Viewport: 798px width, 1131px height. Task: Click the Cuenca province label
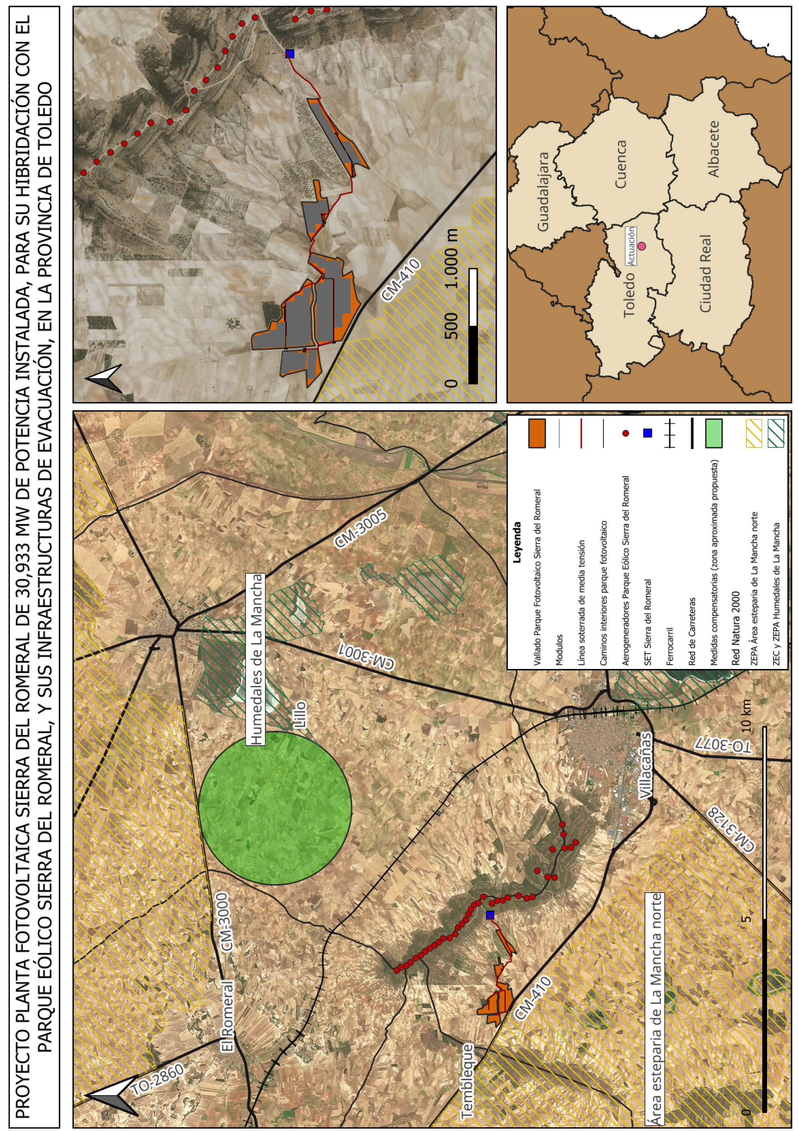621,164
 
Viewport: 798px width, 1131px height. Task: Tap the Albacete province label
713,149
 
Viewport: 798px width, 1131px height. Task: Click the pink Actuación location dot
641,246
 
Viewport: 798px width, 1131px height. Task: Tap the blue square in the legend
648,433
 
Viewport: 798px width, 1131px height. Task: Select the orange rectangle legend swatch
537,433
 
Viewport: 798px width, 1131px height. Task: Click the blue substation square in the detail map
290,54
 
